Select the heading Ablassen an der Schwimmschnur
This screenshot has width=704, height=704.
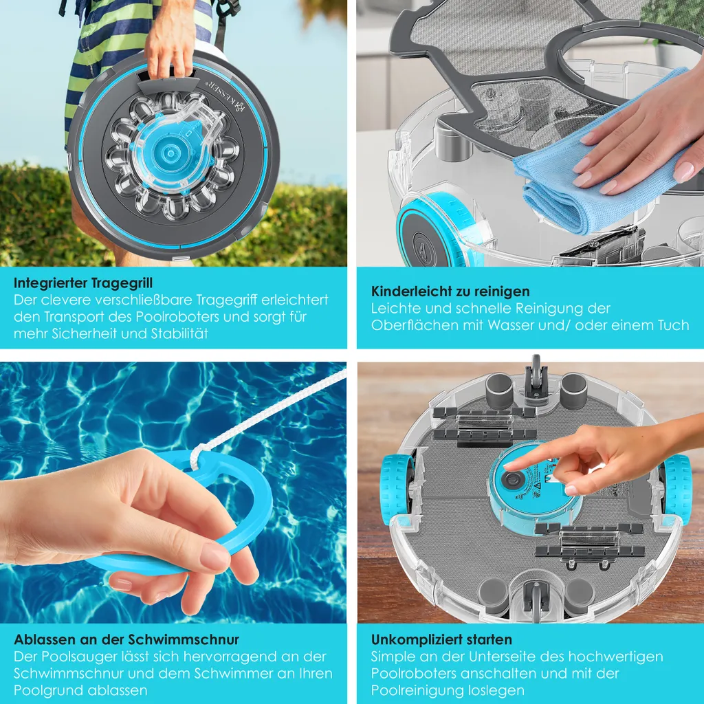[x=126, y=640]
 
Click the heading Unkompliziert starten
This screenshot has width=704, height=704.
[x=441, y=640]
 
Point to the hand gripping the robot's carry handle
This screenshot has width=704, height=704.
[x=170, y=41]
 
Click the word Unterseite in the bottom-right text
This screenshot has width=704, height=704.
[x=505, y=657]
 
